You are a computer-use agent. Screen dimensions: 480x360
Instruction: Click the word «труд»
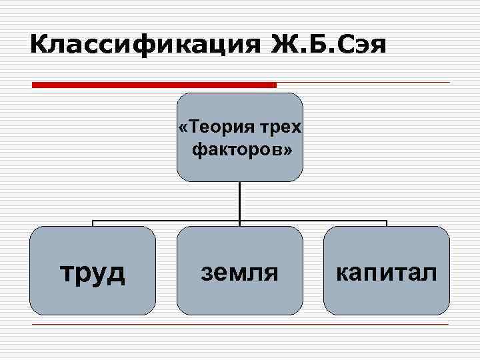(x=93, y=273)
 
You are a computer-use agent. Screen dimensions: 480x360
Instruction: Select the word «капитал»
(x=387, y=273)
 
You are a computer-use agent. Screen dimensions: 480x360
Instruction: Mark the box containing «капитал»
(x=387, y=297)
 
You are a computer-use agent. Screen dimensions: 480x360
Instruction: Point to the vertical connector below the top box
(x=240, y=200)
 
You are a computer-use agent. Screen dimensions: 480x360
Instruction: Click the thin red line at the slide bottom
(x=240, y=325)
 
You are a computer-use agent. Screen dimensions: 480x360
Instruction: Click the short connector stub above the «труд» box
(x=93, y=223)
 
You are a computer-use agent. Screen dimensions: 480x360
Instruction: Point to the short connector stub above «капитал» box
(x=387, y=223)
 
